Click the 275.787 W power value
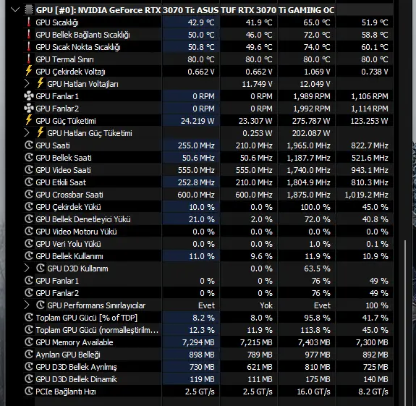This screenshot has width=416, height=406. [x=311, y=121]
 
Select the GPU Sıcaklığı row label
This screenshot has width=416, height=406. [x=57, y=23]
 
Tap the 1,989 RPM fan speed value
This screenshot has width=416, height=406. [x=312, y=96]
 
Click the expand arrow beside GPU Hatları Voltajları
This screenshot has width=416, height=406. [x=27, y=84]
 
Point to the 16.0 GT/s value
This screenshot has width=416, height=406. [x=313, y=392]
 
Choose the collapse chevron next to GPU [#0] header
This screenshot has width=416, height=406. [x=15, y=10]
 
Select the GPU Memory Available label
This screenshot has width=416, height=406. [x=75, y=342]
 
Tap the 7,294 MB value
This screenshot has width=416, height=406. [x=198, y=342]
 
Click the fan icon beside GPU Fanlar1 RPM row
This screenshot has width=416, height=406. [x=29, y=96]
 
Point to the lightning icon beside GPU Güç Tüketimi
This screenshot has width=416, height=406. [x=29, y=120]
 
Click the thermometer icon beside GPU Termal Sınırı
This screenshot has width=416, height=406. [x=29, y=59]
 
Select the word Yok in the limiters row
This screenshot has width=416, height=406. [x=266, y=305]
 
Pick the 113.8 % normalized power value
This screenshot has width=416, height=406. [x=315, y=330]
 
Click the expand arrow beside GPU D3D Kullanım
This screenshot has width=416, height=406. [x=27, y=268]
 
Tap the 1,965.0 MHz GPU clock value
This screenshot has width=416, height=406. [x=308, y=145]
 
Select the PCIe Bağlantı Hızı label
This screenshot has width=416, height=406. [x=66, y=392]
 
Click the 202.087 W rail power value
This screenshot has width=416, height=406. [x=311, y=133]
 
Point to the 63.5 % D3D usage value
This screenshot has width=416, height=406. [x=317, y=268]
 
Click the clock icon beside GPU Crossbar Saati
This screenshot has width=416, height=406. [x=29, y=195]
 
